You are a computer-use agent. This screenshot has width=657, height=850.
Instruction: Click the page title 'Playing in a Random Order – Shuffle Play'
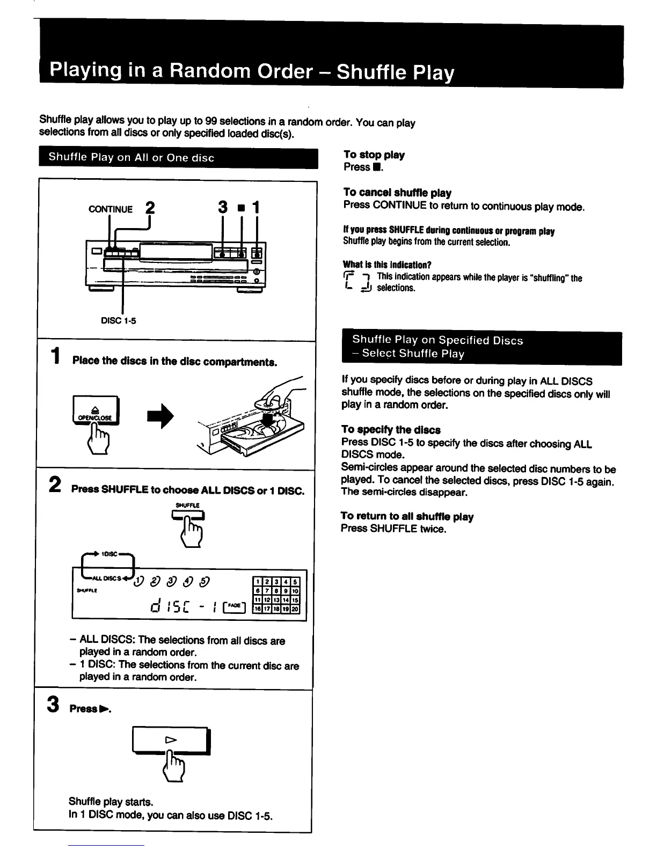[x=251, y=71]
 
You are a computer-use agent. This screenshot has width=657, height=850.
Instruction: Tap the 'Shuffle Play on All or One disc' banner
[x=132, y=158]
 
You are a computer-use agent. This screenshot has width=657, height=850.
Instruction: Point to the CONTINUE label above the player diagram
[x=110, y=209]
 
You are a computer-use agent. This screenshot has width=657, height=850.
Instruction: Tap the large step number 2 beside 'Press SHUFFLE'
[x=54, y=485]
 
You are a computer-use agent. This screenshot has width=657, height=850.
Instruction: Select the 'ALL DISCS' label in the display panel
[x=105, y=578]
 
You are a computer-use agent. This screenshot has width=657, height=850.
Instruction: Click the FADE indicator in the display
[x=234, y=605]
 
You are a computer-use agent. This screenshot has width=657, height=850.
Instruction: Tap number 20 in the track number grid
[x=295, y=609]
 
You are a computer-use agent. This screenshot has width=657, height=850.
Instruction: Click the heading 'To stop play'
[x=374, y=155]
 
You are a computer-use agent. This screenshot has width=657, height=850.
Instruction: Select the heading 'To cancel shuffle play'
[x=397, y=193]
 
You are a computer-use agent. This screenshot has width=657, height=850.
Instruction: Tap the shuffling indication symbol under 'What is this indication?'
[x=357, y=283]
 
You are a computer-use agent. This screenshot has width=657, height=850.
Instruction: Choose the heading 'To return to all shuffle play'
[x=407, y=516]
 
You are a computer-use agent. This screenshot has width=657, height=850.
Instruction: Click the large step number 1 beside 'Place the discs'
[x=54, y=356]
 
